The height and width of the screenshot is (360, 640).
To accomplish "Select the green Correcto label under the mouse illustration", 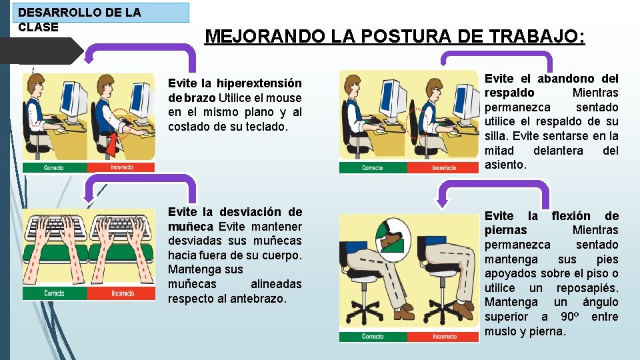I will (x=54, y=167).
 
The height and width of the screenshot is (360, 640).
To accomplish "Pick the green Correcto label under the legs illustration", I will (x=372, y=337).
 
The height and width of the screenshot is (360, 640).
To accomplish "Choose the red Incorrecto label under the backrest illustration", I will (x=443, y=167).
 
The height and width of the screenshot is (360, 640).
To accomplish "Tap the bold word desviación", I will (x=253, y=212).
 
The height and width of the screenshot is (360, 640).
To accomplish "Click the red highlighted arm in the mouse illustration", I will (x=113, y=141).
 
